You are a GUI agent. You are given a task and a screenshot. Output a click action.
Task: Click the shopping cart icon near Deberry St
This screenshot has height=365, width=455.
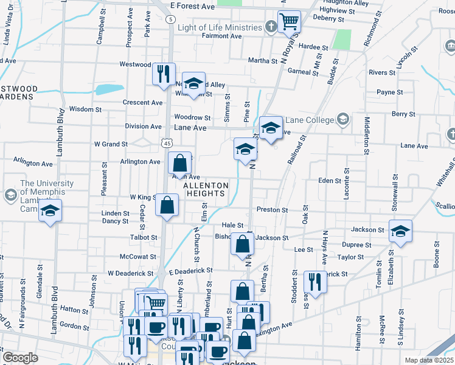coord(290,22)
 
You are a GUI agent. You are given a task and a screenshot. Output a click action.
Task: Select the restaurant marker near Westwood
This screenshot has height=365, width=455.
coord(163,74)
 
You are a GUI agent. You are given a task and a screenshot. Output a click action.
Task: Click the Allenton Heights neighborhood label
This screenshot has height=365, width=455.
coord(206,189)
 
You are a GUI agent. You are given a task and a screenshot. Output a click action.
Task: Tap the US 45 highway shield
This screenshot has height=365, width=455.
coord(167,142)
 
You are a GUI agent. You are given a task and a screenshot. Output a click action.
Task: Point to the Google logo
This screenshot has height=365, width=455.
coord(20,358)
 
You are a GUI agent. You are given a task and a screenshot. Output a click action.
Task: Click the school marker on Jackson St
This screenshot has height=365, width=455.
coord(400,231)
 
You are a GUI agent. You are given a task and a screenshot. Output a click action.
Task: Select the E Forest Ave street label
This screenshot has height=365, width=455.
coord(193,5)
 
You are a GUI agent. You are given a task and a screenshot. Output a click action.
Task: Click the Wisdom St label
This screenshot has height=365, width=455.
coord(86,109)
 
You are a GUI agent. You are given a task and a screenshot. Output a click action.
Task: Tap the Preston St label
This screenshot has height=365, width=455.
coord(272,210)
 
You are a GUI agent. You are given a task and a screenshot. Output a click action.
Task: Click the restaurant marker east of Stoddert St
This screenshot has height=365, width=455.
coord(314,282)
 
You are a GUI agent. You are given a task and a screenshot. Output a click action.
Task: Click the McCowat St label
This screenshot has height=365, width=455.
coord(138,257)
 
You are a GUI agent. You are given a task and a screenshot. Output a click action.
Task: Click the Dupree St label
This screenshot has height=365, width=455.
coord(356,245)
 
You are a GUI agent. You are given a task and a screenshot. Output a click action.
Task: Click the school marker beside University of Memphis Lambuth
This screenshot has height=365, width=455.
coord(51,212)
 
